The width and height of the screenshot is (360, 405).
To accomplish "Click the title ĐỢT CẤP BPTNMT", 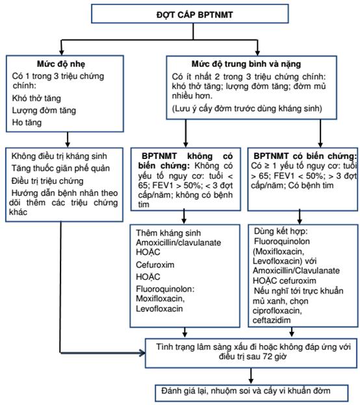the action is [x=194, y=15].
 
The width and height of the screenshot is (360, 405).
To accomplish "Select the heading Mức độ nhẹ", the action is [x=61, y=64].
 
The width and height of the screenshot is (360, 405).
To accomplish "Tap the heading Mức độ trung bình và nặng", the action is [x=246, y=64].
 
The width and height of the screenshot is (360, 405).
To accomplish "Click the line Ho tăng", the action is [x=27, y=123].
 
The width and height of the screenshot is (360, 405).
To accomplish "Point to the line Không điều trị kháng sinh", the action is [x=59, y=156].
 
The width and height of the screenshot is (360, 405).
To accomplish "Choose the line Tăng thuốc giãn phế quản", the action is [x=60, y=168].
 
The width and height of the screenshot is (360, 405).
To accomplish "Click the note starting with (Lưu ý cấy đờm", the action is [x=247, y=108].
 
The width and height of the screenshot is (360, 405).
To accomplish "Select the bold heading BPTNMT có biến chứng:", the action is [x=305, y=156].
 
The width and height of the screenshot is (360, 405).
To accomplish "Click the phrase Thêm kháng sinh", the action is [x=168, y=233].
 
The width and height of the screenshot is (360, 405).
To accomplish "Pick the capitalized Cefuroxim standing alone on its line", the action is [x=155, y=265].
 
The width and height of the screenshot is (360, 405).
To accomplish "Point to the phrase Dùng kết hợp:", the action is [x=281, y=231].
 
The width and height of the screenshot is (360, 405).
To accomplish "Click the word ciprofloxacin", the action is [x=277, y=311].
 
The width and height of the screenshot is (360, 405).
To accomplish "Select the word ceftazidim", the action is [x=272, y=320].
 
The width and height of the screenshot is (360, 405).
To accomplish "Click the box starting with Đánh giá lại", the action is [x=251, y=393].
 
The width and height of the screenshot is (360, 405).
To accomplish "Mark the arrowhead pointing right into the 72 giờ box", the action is [x=142, y=353].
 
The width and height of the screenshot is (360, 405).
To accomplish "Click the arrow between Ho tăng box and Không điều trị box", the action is [x=68, y=140].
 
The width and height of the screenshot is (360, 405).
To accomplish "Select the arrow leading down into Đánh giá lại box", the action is [x=251, y=376].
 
